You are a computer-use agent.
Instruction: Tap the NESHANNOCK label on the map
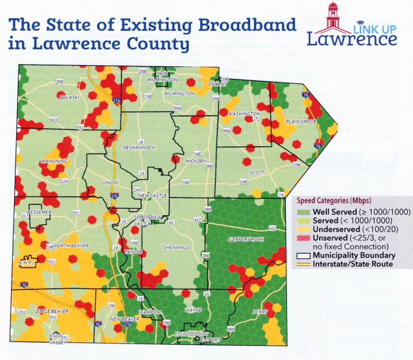coord(139,148)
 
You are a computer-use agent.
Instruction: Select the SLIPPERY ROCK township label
coord(240,239)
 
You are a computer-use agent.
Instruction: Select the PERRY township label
coord(260,312)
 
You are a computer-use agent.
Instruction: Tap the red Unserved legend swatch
coord(302,238)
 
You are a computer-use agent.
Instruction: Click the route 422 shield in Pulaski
coord(54,120)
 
